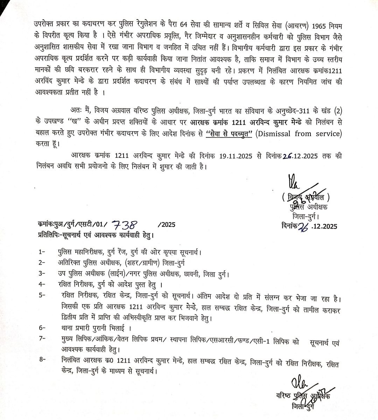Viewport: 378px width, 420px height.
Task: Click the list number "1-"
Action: (x=42, y=252)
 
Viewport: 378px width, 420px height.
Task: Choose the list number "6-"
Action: (x=43, y=328)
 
